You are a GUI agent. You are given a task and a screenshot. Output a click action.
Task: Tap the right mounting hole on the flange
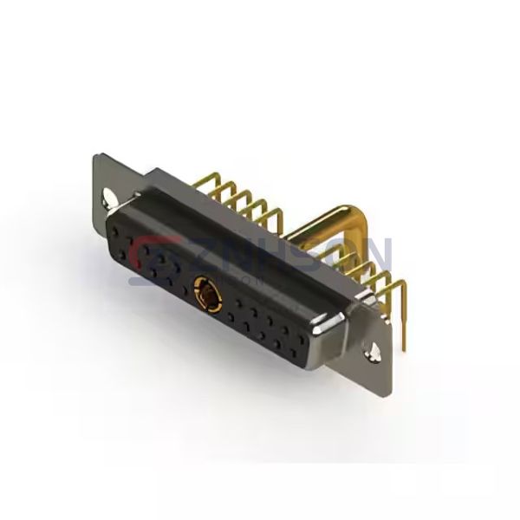pyautogui.click(x=376, y=353)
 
